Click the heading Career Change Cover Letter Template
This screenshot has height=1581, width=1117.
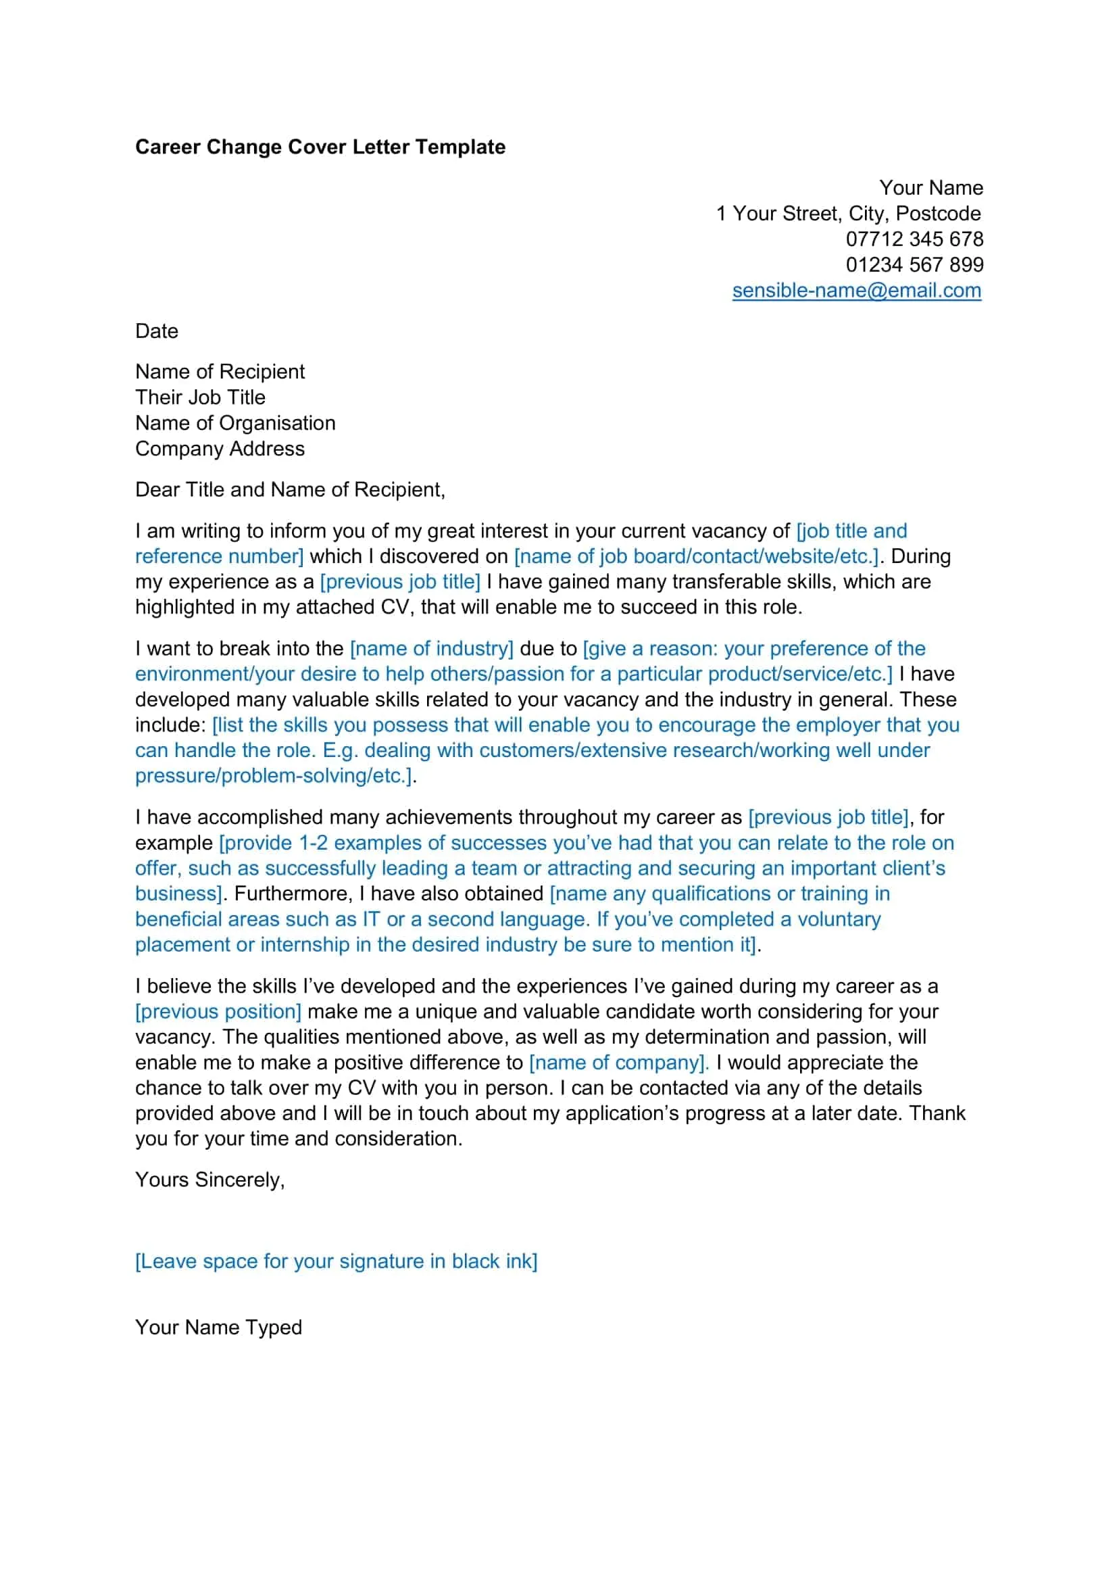(x=320, y=147)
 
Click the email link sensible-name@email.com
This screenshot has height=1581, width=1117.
(x=856, y=291)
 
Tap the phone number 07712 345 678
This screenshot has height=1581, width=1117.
(x=914, y=239)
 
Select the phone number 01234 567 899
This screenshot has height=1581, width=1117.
(x=914, y=264)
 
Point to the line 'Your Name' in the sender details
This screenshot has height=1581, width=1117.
(x=930, y=187)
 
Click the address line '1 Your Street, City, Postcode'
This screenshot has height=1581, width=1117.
(x=848, y=214)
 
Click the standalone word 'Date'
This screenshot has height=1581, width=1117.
(x=156, y=331)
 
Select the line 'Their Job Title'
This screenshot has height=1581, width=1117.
(x=199, y=397)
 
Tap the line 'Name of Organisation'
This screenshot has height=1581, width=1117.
(x=234, y=422)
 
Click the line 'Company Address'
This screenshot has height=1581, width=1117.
(x=220, y=449)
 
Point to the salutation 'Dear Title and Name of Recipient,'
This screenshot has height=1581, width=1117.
(x=290, y=489)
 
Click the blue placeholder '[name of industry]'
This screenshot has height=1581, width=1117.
(x=432, y=649)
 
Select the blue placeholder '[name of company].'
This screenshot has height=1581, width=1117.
(x=618, y=1063)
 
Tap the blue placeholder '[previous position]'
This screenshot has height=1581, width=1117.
(x=218, y=1012)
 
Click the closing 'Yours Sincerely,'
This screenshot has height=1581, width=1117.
(x=209, y=1179)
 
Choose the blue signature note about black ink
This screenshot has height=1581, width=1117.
(x=336, y=1261)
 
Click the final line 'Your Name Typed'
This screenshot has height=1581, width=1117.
(x=218, y=1327)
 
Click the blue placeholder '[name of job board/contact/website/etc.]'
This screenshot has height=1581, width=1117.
(x=697, y=556)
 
